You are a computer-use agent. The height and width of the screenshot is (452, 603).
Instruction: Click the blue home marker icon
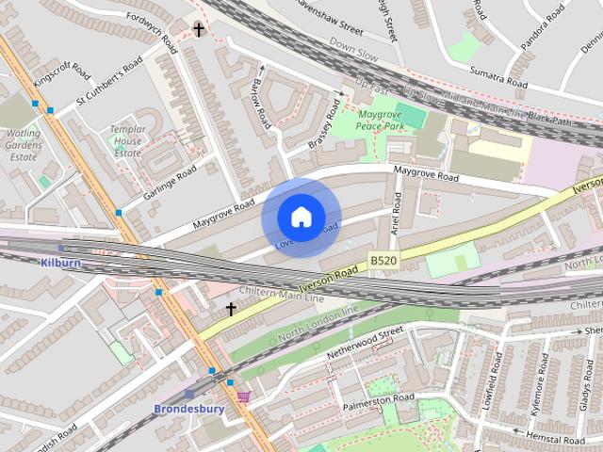301,217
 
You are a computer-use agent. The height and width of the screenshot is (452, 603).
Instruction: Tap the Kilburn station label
61,263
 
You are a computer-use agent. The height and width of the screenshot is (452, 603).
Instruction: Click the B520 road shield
383,260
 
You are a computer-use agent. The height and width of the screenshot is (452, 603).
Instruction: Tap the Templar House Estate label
125,141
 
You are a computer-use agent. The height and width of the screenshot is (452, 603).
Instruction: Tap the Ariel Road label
397,214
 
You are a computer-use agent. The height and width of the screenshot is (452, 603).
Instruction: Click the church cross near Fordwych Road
199,30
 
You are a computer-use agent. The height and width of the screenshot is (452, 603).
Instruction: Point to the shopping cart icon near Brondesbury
244,396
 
